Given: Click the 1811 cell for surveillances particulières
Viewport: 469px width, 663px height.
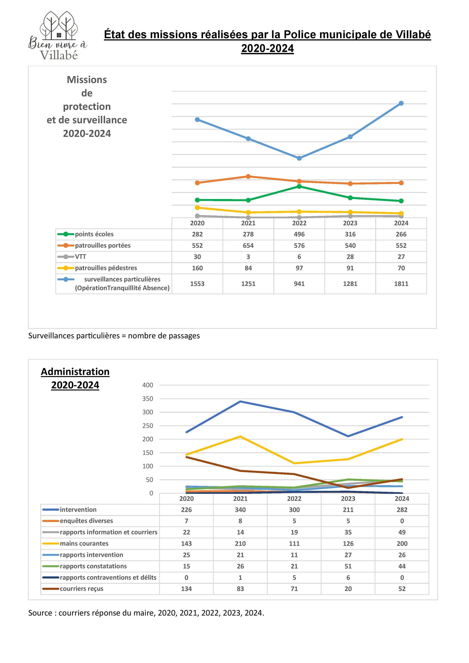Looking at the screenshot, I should click(401, 284).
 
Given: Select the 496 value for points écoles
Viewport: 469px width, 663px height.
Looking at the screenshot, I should click(299, 234).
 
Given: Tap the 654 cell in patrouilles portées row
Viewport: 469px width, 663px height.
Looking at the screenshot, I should click(248, 245).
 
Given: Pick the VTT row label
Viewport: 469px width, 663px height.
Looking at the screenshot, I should click(81, 257).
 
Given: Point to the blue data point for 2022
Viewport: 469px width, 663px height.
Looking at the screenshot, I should click(299, 158).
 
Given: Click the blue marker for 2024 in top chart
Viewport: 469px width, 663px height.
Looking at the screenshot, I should click(401, 103).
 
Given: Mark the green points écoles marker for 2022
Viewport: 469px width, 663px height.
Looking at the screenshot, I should click(299, 187).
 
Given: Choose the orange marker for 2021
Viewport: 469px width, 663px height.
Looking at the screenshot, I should click(248, 177).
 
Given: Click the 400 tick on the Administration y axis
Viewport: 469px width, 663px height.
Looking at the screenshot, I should click(148, 385).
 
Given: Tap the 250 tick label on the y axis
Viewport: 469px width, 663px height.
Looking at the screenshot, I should click(148, 426).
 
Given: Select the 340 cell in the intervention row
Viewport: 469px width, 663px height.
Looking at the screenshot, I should click(240, 510).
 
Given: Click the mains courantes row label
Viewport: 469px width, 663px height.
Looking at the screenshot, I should click(84, 543).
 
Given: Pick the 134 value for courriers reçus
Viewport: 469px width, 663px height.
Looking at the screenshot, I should click(186, 589).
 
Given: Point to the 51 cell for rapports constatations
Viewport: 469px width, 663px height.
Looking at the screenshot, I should click(348, 566).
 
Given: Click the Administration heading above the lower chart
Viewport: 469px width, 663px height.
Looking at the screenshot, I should click(75, 372).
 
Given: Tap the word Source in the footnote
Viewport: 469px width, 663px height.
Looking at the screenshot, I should click(40, 613).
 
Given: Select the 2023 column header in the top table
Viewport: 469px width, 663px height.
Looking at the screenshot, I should click(350, 223).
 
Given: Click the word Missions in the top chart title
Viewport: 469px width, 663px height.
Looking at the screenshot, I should click(87, 80).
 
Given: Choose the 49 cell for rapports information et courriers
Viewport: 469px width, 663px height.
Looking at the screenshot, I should click(402, 532).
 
